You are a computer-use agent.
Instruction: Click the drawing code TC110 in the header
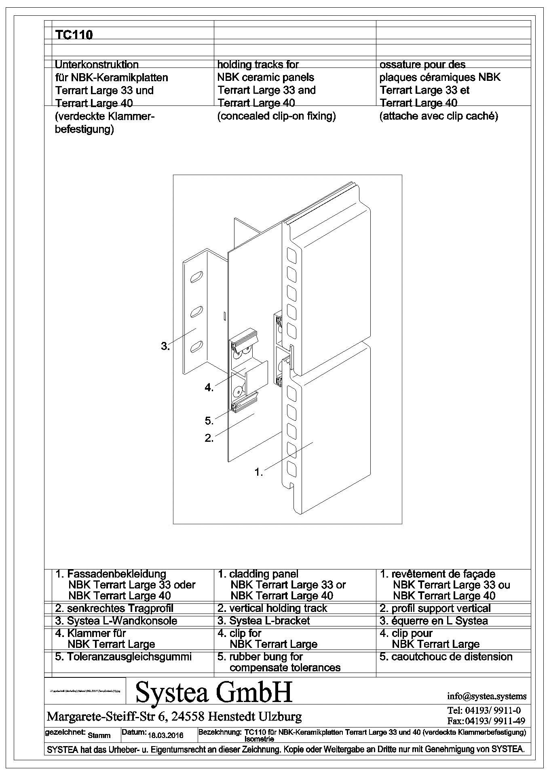[x=74, y=35]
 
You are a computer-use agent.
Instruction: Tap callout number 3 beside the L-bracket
[x=165, y=346]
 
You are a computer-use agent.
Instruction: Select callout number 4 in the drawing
[x=209, y=388]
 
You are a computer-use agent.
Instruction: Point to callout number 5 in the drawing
[x=209, y=421]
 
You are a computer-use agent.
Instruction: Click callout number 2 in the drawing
[x=209, y=438]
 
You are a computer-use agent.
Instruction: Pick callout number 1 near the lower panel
[x=258, y=472]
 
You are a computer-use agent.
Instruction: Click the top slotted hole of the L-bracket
[x=195, y=276]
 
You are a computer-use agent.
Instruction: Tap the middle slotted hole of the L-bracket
[x=196, y=311]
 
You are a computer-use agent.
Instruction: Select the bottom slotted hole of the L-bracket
[x=196, y=346]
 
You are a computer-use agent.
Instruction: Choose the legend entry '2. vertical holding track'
[x=272, y=608]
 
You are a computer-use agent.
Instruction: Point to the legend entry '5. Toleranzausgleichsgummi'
[x=123, y=657]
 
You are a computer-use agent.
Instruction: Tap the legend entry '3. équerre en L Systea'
[x=434, y=621]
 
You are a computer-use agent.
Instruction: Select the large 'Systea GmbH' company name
[x=214, y=692]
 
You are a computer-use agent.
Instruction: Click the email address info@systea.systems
[x=487, y=696]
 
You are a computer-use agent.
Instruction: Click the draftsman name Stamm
[x=99, y=736]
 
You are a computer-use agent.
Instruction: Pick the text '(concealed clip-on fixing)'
[x=277, y=116]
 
